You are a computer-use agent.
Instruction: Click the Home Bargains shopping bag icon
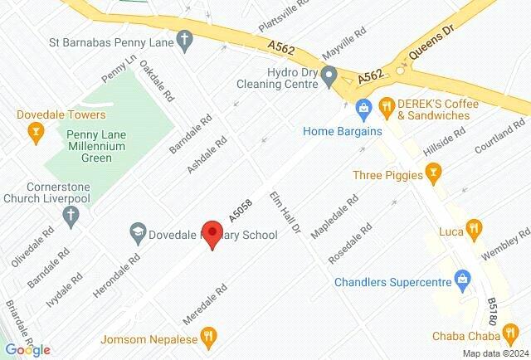[363, 108]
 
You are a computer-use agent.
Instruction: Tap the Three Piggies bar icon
[431, 173]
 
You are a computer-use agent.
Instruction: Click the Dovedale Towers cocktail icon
[35, 130]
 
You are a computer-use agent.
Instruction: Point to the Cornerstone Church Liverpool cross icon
[71, 216]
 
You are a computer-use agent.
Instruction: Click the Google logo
[27, 350]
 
